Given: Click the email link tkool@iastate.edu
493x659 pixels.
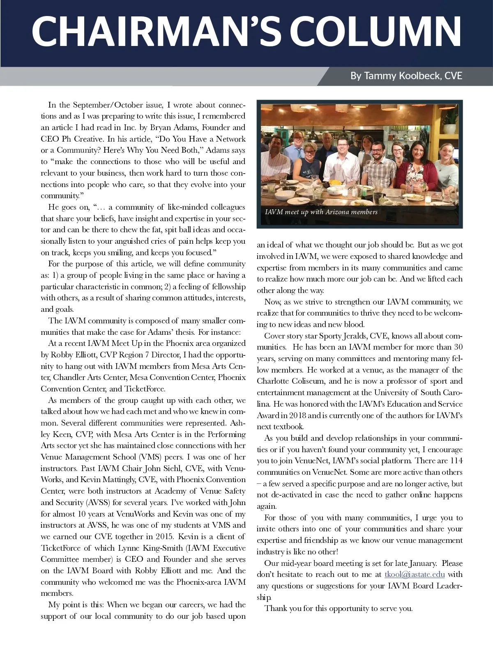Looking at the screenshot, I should pos(415,574).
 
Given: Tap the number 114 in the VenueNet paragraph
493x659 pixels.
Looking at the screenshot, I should pos(456,461).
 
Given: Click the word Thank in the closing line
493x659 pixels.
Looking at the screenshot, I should pos(275,609).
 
